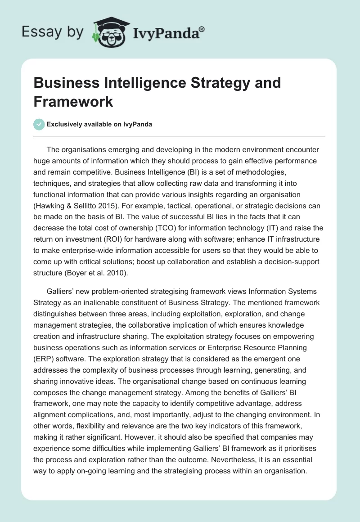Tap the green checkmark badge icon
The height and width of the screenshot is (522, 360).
coord(40,125)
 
